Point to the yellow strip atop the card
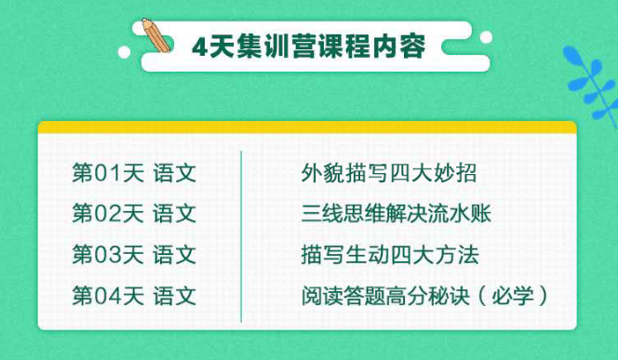307,128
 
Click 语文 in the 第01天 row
175,173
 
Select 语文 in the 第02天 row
175,214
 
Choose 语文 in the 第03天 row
175,255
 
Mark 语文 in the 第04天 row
175,296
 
